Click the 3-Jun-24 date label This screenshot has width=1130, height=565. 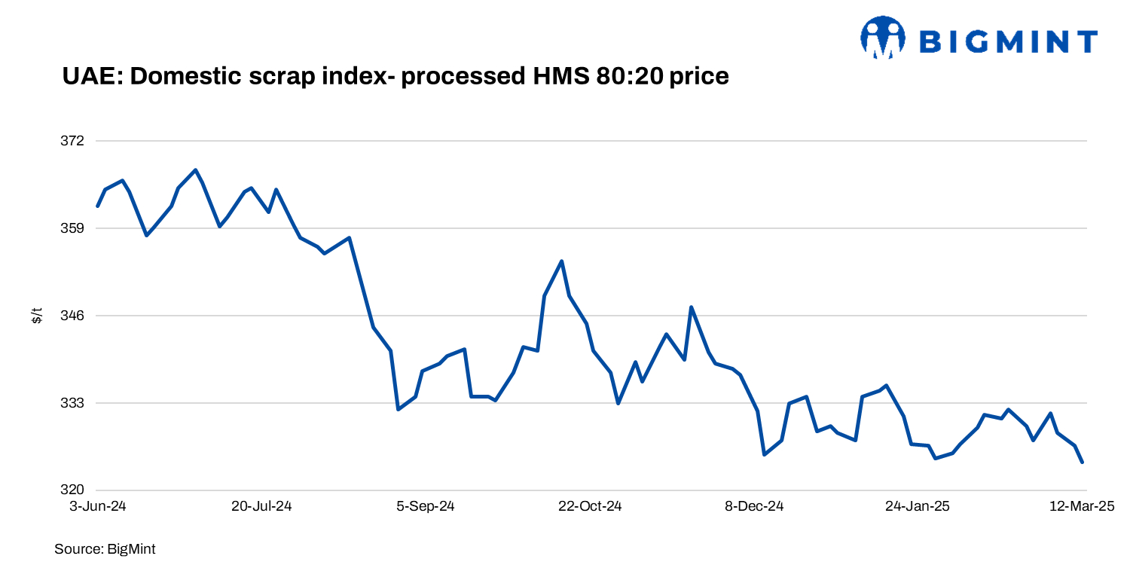pos(98,506)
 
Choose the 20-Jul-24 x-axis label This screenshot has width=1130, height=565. pos(261,506)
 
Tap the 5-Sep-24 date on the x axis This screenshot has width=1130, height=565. pos(426,506)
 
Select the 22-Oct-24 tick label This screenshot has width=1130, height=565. pos(590,506)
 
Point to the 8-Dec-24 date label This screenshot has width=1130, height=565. pos(755,506)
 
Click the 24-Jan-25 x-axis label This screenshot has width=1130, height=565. pos(918,506)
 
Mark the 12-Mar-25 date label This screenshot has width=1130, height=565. pos(1082,506)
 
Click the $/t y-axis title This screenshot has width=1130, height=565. pos(36,316)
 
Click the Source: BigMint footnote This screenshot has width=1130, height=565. pos(105,549)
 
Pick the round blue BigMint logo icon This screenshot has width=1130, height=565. pos(883,38)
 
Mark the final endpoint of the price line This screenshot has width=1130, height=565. pos(1083,463)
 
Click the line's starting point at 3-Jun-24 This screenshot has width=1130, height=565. pos(98,206)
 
